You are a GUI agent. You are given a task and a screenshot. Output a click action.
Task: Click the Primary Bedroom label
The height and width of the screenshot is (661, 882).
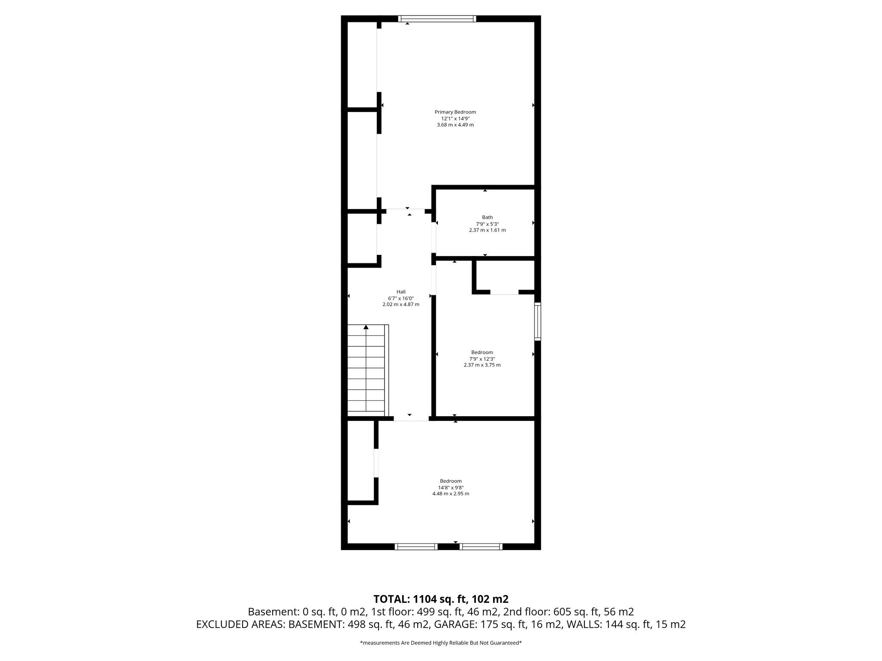pos(455,112)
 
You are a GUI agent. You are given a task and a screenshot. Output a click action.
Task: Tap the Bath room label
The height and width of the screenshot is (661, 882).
pos(487,217)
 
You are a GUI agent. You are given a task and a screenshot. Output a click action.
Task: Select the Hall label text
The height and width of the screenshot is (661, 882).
pos(401,292)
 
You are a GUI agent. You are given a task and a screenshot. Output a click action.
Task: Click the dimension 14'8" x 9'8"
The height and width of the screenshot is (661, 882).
pos(450,488)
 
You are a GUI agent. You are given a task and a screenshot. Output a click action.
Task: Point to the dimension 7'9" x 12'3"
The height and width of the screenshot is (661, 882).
pos(482,359)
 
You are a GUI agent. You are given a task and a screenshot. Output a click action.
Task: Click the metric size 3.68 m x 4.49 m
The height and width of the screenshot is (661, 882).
pos(455,125)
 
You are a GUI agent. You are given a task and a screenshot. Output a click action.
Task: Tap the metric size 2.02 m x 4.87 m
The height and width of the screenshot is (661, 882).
pos(401,304)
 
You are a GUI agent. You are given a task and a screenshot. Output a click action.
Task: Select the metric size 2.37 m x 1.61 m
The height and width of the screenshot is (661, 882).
pos(487,230)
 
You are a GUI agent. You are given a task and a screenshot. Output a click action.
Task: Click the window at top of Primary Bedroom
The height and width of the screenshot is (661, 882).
pos(437,19)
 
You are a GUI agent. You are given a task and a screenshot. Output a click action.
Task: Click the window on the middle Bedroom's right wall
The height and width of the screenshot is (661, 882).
pos(537,321)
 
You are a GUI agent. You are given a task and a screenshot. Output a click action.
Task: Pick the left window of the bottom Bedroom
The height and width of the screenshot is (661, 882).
pos(416,547)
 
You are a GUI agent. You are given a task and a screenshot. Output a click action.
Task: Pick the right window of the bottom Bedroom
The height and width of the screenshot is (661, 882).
pos(481,547)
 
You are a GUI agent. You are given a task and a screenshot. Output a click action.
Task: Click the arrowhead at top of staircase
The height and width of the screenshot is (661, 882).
pos(366,327)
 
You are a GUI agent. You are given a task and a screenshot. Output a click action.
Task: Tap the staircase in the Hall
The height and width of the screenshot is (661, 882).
pos(366,370)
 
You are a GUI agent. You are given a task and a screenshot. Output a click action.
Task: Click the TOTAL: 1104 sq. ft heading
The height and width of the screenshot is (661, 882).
pos(441,599)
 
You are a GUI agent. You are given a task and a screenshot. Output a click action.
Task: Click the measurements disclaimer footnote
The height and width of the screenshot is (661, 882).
pos(441,643)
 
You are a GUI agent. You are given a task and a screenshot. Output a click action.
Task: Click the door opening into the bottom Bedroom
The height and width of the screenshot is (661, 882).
pos(411,418)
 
